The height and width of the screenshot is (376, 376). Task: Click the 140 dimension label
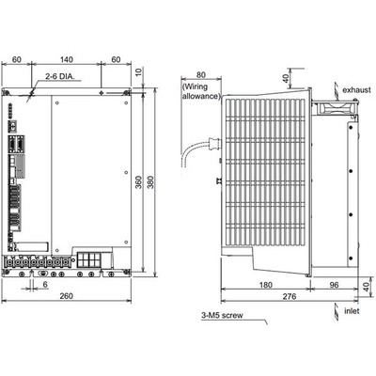67,59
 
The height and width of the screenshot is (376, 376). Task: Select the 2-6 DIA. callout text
60,76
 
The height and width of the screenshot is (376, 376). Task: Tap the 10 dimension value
139,71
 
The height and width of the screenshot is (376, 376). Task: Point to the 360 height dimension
139,182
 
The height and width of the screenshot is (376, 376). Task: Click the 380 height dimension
150,182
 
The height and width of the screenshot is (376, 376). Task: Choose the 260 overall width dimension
67,296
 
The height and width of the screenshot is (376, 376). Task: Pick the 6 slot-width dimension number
45,284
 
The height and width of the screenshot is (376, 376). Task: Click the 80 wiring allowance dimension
201,74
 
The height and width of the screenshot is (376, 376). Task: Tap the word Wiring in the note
196,86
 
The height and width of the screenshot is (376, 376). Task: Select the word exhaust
356,90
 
